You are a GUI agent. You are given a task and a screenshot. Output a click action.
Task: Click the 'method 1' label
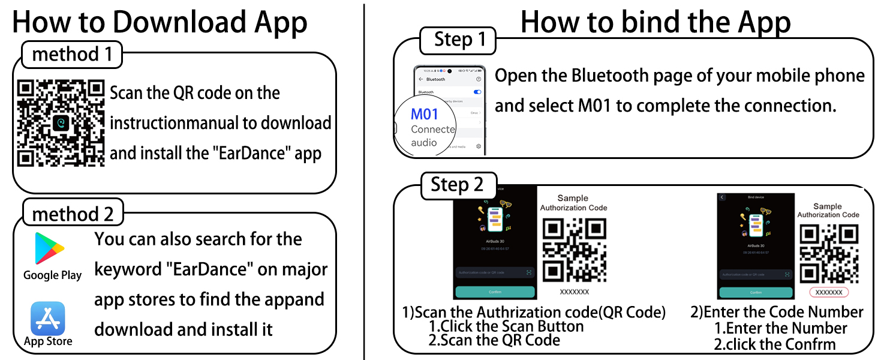pyautogui.click(x=72, y=55)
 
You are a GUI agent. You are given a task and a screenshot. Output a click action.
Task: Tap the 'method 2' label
pyautogui.click(x=72, y=214)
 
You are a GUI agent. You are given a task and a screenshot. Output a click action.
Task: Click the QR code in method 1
pyautogui.click(x=61, y=123)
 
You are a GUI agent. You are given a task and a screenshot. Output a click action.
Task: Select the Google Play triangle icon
pyautogui.click(x=49, y=248)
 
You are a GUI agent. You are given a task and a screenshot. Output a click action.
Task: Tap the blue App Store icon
pyautogui.click(x=48, y=318)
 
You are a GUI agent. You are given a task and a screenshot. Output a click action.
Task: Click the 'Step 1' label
pyautogui.click(x=459, y=40)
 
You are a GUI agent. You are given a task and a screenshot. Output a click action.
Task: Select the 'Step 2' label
pyautogui.click(x=457, y=185)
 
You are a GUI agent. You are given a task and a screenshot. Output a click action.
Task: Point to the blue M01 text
pyautogui.click(x=425, y=115)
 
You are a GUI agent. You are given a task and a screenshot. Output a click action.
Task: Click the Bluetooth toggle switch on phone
pyautogui.click(x=477, y=92)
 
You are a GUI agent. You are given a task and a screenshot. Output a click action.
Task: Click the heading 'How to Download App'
pyautogui.click(x=160, y=22)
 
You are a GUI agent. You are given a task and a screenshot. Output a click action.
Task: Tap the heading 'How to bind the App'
pyautogui.click(x=655, y=22)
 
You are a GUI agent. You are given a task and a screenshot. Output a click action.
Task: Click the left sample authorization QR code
pyautogui.click(x=574, y=250)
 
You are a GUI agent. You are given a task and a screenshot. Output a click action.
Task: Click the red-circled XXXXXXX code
pyautogui.click(x=829, y=292)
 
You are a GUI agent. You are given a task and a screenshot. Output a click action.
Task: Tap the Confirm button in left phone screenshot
pyautogui.click(x=494, y=292)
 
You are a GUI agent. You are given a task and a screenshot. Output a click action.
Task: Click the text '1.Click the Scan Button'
pyautogui.click(x=506, y=326)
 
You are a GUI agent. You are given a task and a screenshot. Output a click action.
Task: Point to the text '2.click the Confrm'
pyautogui.click(x=775, y=344)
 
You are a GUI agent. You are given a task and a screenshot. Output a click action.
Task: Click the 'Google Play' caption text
pyautogui.click(x=52, y=275)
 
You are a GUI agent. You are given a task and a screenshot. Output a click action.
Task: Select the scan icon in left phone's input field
pyautogui.click(x=528, y=272)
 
